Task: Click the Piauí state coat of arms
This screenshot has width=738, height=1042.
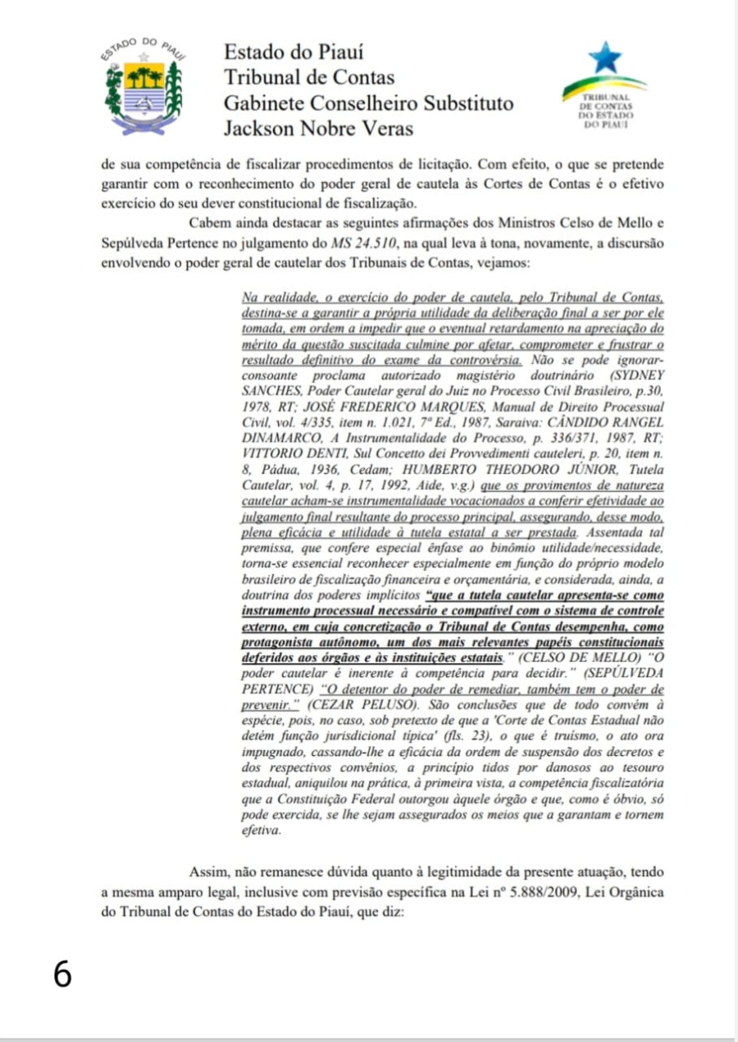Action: pos(143,88)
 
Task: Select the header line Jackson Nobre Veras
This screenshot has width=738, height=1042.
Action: pos(318,128)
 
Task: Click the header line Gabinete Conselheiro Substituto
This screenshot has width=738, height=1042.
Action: pos(369,102)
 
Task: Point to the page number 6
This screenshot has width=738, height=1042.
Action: pos(62,974)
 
